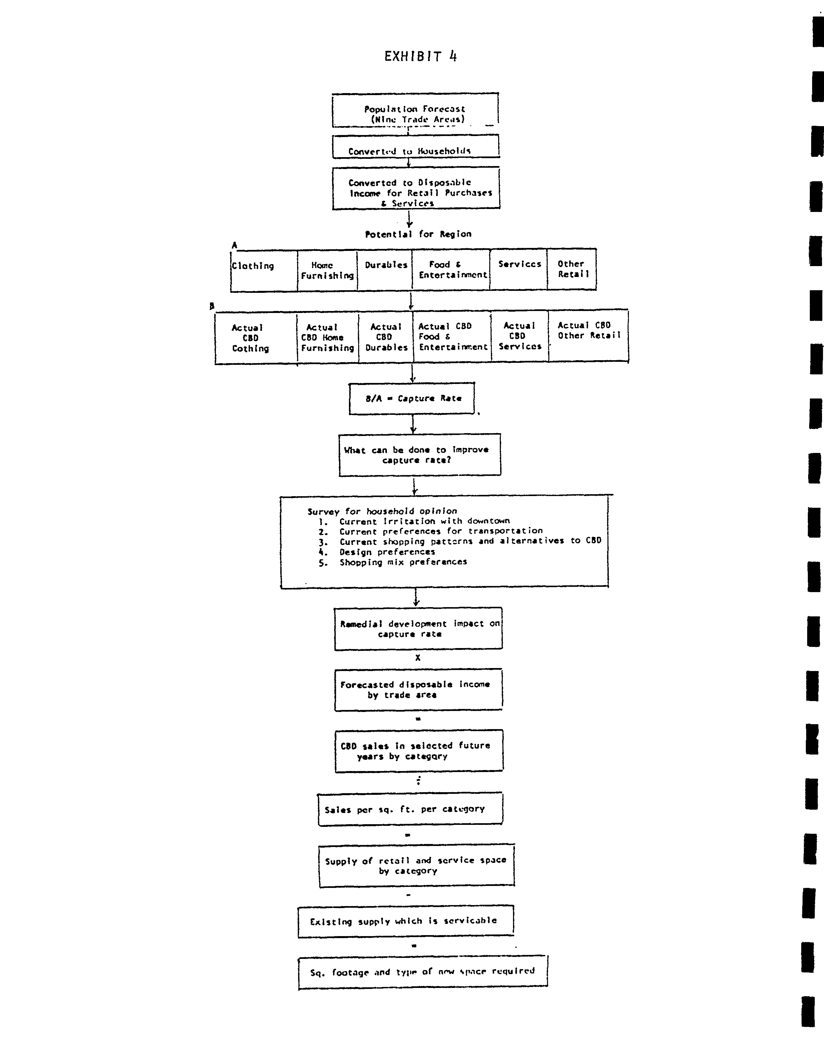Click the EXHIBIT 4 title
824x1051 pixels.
(420, 56)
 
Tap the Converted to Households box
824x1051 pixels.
(415, 147)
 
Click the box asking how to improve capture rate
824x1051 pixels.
(419, 455)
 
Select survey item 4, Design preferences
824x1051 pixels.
(387, 552)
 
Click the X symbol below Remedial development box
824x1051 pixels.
(418, 657)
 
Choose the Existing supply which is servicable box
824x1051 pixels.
(405, 921)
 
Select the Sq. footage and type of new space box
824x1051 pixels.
(423, 972)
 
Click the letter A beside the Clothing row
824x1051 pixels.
(234, 245)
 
